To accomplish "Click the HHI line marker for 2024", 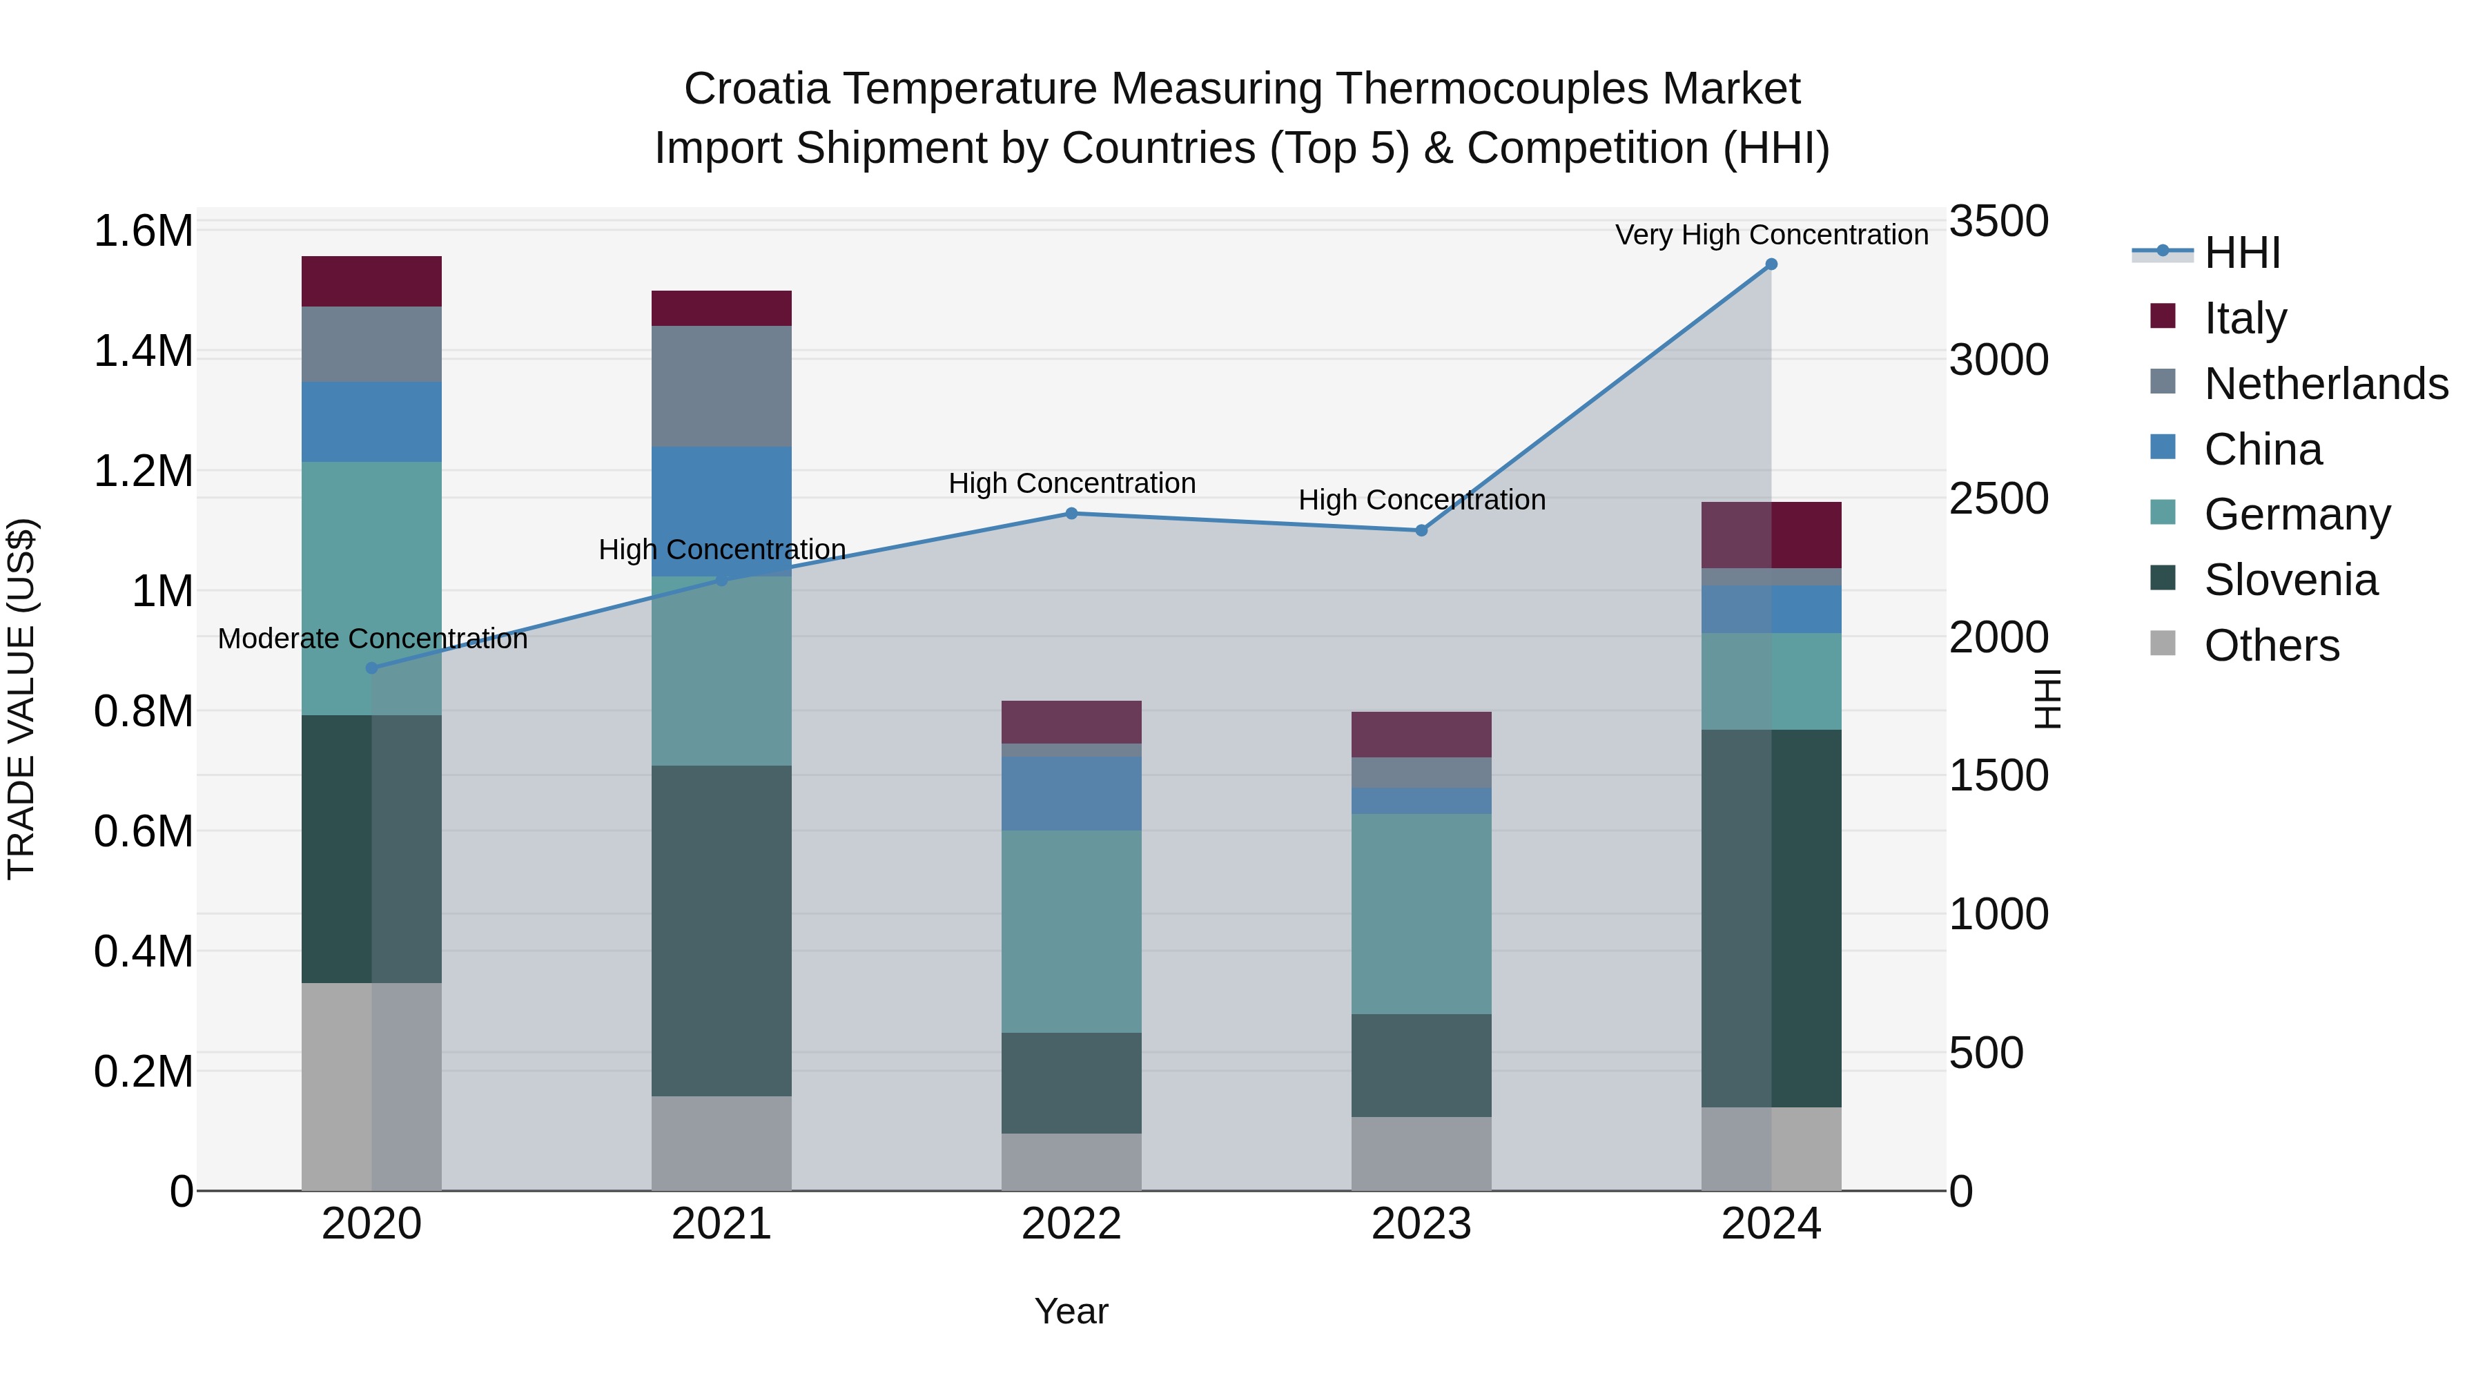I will click(1771, 264).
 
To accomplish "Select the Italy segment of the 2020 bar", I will click(371, 281).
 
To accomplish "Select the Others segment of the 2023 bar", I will click(1421, 1153).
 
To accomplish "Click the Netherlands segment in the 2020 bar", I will click(371, 344).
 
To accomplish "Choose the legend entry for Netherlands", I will click(2325, 384).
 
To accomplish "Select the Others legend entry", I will click(2271, 645).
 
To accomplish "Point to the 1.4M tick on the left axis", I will click(143, 351).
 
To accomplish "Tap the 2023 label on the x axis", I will click(1421, 1224).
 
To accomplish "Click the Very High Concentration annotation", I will click(1771, 235).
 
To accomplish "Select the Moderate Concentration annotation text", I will click(372, 639).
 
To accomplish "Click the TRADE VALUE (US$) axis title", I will click(21, 699).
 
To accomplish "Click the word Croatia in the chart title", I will click(757, 89).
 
